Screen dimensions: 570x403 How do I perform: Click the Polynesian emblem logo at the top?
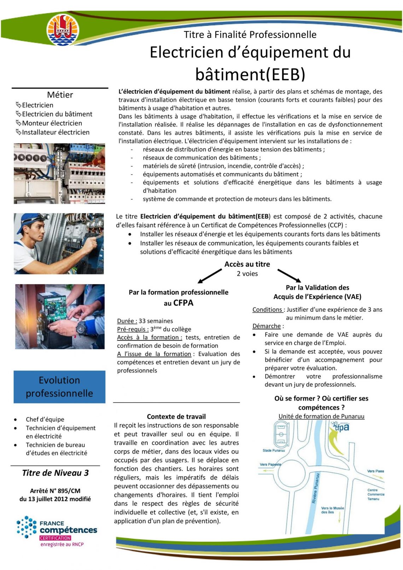click(x=63, y=30)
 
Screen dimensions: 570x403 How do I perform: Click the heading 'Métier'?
click(x=60, y=95)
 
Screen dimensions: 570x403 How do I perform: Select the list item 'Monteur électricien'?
click(x=52, y=123)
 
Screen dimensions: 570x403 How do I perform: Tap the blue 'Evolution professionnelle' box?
click(x=59, y=387)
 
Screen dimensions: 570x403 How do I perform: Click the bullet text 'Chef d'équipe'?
click(x=45, y=419)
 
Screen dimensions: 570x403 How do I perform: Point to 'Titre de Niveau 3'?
click(x=56, y=473)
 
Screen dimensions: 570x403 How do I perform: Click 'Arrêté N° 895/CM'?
click(x=55, y=491)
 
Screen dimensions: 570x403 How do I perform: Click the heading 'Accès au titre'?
click(x=247, y=264)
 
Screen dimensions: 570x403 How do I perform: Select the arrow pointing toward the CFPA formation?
click(x=210, y=276)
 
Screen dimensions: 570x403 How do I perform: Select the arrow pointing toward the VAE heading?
click(x=289, y=275)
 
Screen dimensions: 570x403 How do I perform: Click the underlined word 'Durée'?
click(x=127, y=321)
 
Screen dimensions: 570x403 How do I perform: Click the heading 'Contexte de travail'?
click(x=176, y=416)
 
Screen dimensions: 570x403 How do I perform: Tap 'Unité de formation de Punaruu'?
click(x=321, y=416)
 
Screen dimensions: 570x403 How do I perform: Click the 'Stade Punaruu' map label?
click(x=274, y=450)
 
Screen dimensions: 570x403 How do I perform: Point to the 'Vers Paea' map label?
click(x=375, y=471)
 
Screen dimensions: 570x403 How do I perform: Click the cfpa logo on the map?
click(x=341, y=428)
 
